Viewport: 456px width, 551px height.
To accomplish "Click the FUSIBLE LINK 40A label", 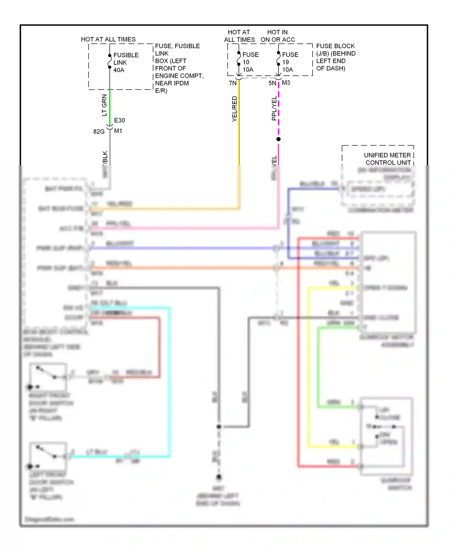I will tap(126, 63).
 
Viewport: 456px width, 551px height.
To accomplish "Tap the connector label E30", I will tap(119, 120).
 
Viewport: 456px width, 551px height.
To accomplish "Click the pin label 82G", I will tap(99, 132).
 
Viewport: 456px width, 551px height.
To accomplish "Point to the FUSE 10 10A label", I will tap(250, 62).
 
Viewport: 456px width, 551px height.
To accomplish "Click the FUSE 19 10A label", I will tap(290, 62).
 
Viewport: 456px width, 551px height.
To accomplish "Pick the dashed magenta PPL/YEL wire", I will tap(278, 109).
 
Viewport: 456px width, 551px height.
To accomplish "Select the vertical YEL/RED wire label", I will tap(234, 109).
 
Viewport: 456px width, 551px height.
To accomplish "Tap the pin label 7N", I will tap(233, 83).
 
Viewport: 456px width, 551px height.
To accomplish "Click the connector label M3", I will tap(286, 83).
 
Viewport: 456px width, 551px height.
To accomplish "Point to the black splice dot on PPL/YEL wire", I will tap(278, 139).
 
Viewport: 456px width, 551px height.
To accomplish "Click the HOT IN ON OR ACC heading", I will tap(278, 36).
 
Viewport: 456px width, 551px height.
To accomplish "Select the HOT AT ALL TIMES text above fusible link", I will tap(108, 39).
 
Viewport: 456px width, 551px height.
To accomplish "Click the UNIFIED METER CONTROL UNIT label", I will tap(387, 159).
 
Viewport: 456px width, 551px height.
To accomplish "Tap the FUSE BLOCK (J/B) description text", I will tap(335, 57).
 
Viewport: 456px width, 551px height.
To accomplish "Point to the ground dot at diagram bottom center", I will tap(219, 477).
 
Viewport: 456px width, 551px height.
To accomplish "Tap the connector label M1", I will tap(118, 131).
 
